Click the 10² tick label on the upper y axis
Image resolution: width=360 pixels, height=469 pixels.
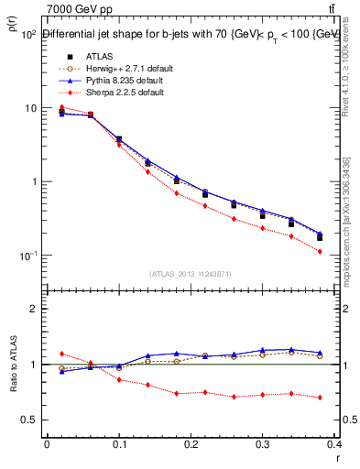click(x=27, y=35)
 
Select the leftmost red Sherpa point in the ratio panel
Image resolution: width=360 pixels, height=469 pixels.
click(x=61, y=354)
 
